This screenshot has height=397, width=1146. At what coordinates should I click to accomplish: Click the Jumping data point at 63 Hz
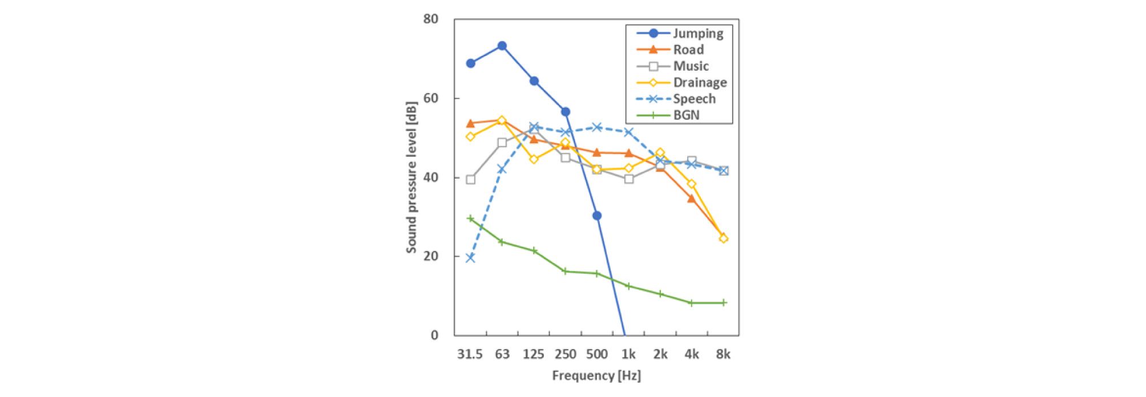pos(502,46)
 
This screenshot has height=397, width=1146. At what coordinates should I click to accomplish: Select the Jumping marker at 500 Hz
pos(597,216)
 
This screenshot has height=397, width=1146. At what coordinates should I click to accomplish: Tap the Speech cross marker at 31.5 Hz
pos(470,258)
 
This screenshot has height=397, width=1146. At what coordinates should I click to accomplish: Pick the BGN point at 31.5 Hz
pos(470,218)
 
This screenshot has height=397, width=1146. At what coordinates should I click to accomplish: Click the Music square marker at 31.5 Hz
pos(470,180)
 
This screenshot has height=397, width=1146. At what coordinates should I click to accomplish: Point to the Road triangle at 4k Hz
pos(692,198)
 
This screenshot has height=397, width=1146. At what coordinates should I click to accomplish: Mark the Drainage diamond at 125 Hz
pos(534,159)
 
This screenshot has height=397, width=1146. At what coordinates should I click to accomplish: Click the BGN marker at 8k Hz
pos(724,303)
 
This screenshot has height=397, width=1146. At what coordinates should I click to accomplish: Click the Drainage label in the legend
pos(700,83)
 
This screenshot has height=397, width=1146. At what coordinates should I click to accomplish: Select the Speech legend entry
pos(694,99)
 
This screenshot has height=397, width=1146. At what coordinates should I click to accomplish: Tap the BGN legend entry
pos(686,115)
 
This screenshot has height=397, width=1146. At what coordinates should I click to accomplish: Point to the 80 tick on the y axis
pos(431,19)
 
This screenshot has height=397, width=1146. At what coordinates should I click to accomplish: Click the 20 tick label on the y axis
pos(431,256)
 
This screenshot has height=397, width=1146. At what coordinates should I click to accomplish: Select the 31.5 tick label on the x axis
pos(470,354)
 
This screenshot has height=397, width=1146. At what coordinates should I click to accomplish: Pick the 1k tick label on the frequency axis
pos(628,354)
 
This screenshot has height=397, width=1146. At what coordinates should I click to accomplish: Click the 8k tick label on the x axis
pos(723,354)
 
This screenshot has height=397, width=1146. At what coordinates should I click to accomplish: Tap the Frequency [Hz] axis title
pos(596,375)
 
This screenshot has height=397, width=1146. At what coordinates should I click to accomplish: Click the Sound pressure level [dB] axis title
pos(411,177)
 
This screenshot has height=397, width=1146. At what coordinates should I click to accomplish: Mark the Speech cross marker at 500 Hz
pos(597,127)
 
